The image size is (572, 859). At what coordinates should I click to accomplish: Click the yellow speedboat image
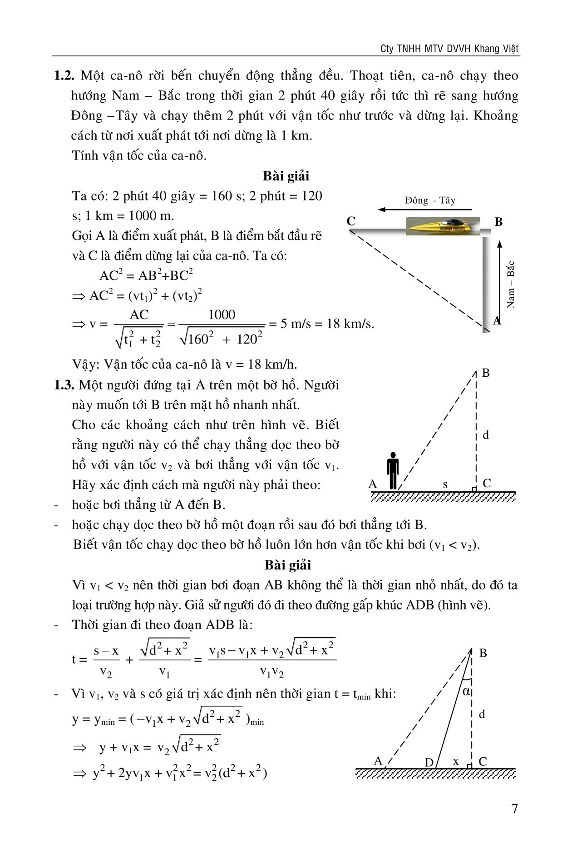pyautogui.click(x=442, y=226)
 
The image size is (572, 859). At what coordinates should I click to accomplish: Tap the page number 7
pyautogui.click(x=514, y=809)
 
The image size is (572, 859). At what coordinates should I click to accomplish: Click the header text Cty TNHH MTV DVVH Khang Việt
pyautogui.click(x=449, y=49)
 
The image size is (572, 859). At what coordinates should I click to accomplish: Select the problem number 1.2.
pyautogui.click(x=64, y=75)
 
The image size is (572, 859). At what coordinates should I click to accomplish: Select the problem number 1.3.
pyautogui.click(x=64, y=385)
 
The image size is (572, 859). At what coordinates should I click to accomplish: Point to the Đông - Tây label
pyautogui.click(x=430, y=200)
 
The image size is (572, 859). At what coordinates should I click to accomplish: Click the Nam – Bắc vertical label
pyautogui.click(x=511, y=285)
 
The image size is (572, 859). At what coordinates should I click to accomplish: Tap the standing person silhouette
pyautogui.click(x=393, y=471)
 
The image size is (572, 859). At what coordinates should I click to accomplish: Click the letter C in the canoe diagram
pyautogui.click(x=351, y=221)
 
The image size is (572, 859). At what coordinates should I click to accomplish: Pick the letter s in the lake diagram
pyautogui.click(x=445, y=485)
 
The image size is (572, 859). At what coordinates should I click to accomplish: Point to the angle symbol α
pyautogui.click(x=466, y=691)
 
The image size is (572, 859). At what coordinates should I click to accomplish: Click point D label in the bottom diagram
pyautogui.click(x=429, y=762)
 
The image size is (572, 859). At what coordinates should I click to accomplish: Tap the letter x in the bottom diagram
pyautogui.click(x=456, y=761)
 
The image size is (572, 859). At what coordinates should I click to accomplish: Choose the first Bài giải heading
pyautogui.click(x=286, y=176)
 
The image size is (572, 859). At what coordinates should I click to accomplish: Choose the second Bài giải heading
pyautogui.click(x=288, y=565)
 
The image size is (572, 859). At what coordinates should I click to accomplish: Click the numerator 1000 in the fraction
pyautogui.click(x=222, y=315)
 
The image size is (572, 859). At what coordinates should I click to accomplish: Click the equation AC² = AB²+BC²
pyautogui.click(x=146, y=275)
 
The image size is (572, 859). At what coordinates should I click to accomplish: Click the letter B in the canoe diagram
pyautogui.click(x=498, y=222)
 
